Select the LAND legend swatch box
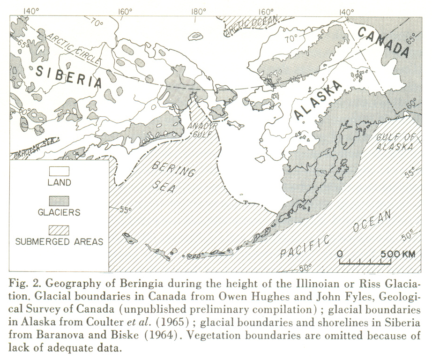point(59,172)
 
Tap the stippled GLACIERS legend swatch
point(59,201)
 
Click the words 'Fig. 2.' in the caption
point(25,285)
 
